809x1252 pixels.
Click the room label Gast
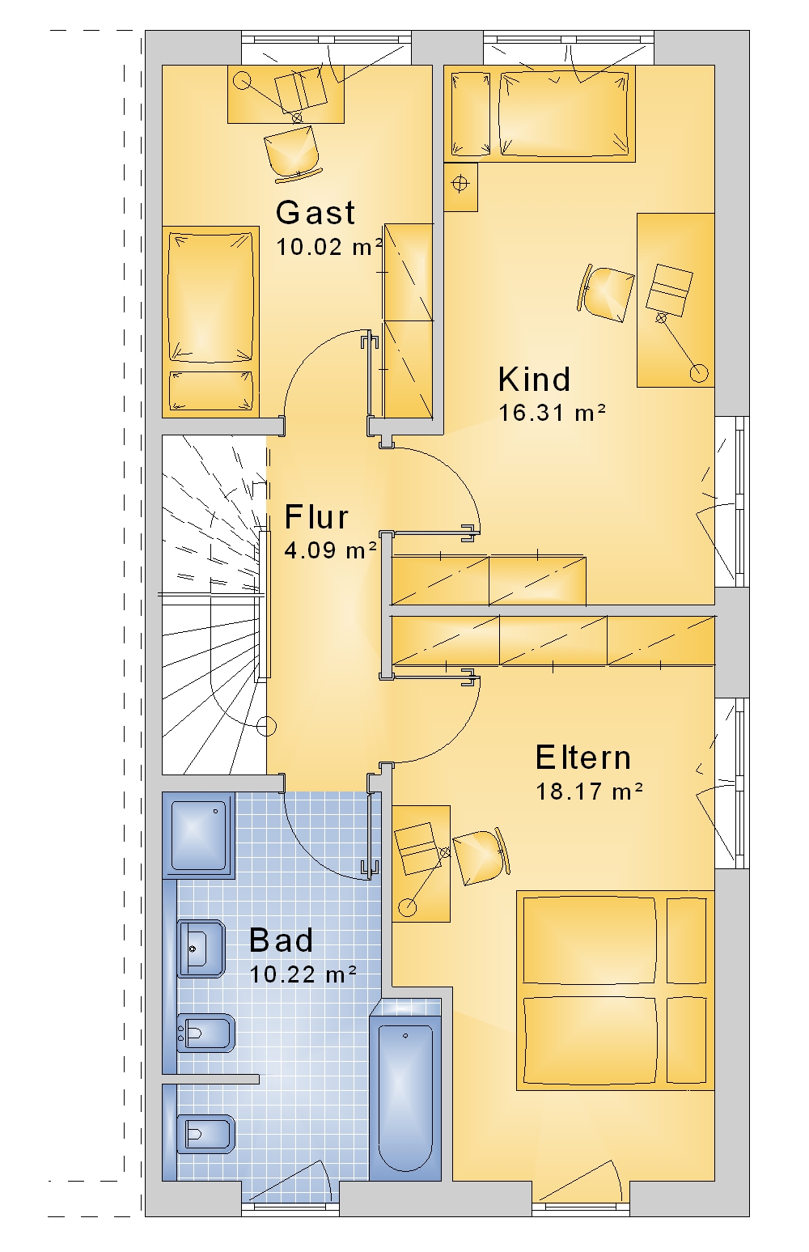click(316, 213)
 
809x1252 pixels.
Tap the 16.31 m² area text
click(552, 413)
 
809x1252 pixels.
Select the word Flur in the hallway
click(316, 517)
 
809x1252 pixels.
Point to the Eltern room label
click(582, 758)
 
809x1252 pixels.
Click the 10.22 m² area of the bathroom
click(303, 974)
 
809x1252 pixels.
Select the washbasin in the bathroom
click(201, 949)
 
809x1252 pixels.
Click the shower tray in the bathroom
click(199, 835)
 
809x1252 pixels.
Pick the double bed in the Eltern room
click(615, 991)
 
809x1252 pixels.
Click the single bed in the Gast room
click(210, 321)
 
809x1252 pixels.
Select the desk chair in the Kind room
click(606, 294)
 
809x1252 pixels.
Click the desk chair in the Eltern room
click(481, 856)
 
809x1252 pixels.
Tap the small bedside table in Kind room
click(461, 187)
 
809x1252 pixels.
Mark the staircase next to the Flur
click(214, 605)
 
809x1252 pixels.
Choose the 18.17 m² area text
click(590, 792)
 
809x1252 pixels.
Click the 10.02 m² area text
click(329, 247)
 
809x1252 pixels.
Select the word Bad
click(281, 940)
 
